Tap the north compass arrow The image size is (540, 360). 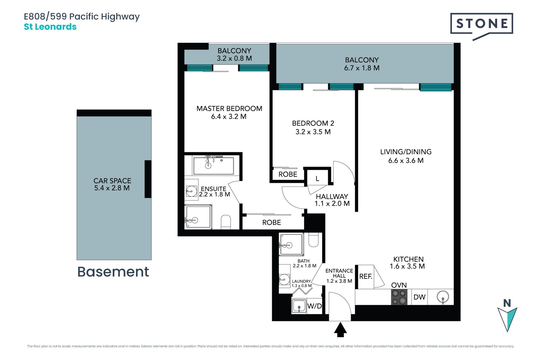pyautogui.click(x=507, y=319)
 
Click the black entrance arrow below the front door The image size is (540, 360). pyautogui.click(x=340, y=330)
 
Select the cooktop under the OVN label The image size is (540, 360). pyautogui.click(x=399, y=297)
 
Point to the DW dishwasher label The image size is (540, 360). pyautogui.click(x=419, y=297)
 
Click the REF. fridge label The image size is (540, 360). pyautogui.click(x=366, y=276)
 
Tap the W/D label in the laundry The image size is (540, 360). pyautogui.click(x=314, y=306)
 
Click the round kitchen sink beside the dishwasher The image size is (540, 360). pyautogui.click(x=443, y=297)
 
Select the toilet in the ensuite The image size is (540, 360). pyautogui.click(x=226, y=222)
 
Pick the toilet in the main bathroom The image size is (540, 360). pyautogui.click(x=313, y=240)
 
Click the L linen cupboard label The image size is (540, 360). pyautogui.click(x=317, y=179)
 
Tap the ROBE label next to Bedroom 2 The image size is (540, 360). pyautogui.click(x=288, y=174)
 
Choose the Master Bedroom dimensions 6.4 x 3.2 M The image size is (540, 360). pyautogui.click(x=229, y=116)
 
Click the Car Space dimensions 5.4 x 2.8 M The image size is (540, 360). pyautogui.click(x=112, y=188)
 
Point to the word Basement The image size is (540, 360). pyautogui.click(x=113, y=272)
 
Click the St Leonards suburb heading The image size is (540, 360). pyautogui.click(x=50, y=27)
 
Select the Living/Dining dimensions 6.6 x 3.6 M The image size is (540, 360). pyautogui.click(x=406, y=161)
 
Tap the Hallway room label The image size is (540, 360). pyautogui.click(x=332, y=197)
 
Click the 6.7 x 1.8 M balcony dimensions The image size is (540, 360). pyautogui.click(x=362, y=68)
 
